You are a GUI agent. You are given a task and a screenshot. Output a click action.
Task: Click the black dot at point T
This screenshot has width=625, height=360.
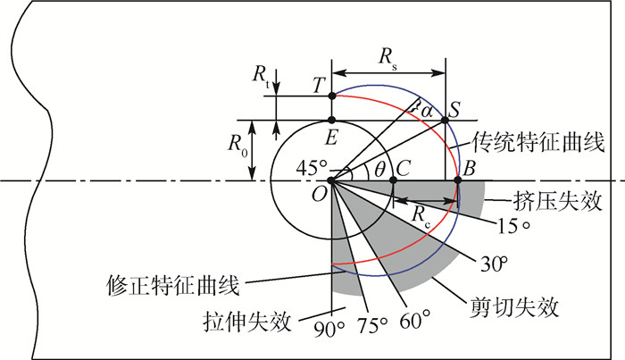331,96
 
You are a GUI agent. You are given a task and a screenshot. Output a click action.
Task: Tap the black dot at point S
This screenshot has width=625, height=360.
446,120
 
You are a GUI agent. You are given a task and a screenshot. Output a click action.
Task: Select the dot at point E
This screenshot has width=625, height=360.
331,120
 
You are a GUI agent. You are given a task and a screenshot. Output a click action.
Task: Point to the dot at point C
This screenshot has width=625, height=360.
393,180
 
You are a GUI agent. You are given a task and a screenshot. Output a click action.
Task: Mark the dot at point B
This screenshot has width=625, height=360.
458,180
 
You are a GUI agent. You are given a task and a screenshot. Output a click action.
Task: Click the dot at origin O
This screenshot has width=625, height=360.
331,180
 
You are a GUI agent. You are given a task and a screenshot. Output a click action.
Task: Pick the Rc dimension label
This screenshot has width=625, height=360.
421,217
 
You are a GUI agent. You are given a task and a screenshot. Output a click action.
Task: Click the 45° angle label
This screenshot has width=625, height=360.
312,168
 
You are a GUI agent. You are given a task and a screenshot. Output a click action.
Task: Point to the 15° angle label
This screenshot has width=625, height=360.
514,226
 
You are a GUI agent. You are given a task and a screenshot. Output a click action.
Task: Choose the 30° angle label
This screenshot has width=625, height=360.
495,264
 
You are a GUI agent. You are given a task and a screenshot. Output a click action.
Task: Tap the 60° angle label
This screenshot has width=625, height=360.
415,320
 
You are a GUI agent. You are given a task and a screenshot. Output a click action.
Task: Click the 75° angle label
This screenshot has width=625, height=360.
372,325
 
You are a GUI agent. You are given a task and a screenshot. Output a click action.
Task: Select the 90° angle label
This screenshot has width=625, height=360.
329,330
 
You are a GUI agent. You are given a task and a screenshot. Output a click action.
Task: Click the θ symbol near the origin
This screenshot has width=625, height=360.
379,171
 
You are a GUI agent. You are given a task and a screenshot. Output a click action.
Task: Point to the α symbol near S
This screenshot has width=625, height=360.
427,112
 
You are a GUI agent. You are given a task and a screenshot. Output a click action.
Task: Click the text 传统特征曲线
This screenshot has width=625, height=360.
538,142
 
